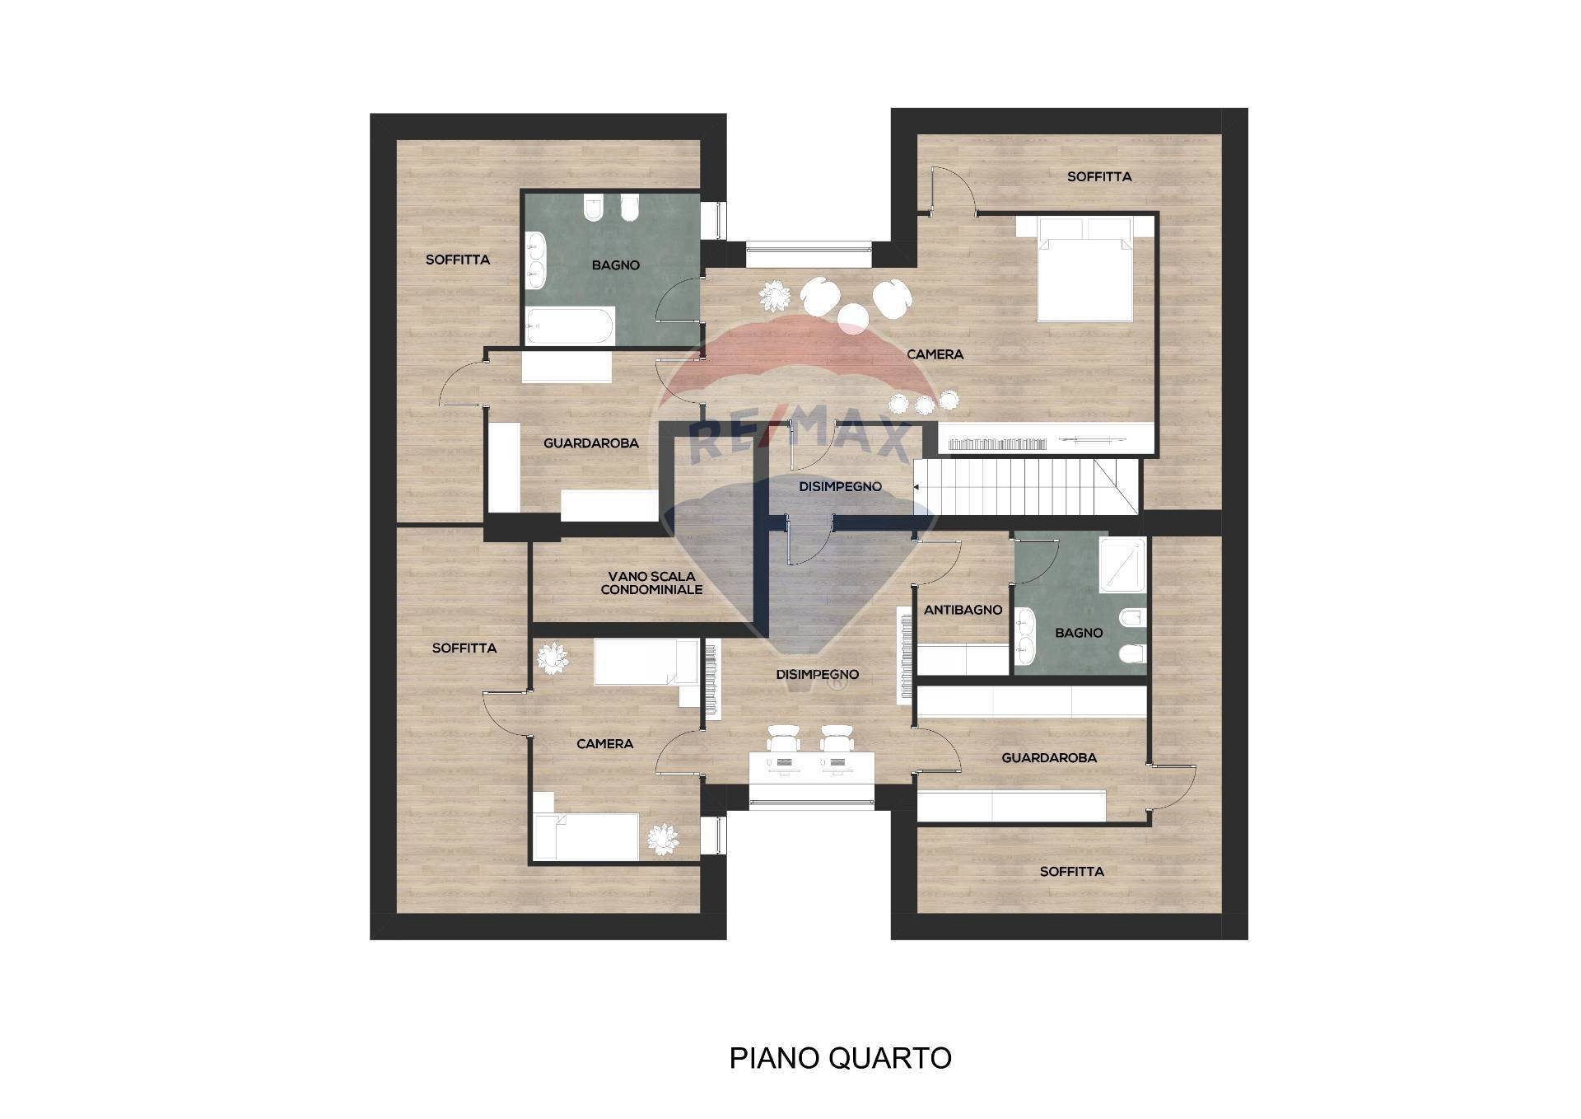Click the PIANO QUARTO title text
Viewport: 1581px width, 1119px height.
(840, 1057)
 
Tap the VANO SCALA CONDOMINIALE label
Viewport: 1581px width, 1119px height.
(651, 583)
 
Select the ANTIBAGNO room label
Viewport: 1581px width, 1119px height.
(963, 611)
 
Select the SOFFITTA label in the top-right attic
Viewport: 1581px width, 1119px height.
(1099, 176)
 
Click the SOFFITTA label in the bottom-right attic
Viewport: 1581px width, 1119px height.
(1071, 871)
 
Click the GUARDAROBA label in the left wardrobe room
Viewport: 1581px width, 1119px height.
(590, 443)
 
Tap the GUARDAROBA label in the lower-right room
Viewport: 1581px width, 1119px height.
(1048, 758)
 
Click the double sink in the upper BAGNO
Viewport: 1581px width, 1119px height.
(536, 260)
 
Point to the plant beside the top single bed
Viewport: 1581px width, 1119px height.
(550, 659)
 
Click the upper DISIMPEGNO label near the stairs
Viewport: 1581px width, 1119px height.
(840, 487)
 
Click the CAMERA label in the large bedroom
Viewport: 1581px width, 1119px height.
(935, 354)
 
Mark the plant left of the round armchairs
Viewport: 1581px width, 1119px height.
(774, 295)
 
